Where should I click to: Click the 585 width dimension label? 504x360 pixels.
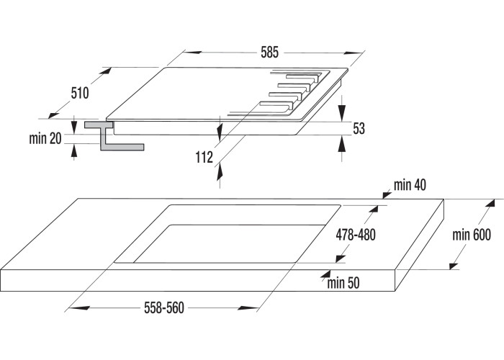click(x=270, y=53)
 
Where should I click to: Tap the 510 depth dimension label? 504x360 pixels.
click(x=79, y=93)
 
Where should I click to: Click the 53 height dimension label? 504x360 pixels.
click(x=359, y=129)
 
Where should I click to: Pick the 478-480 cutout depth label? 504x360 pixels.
click(x=356, y=234)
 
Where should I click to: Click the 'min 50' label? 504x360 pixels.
click(x=343, y=283)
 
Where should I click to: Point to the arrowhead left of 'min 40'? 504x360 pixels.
click(x=387, y=192)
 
